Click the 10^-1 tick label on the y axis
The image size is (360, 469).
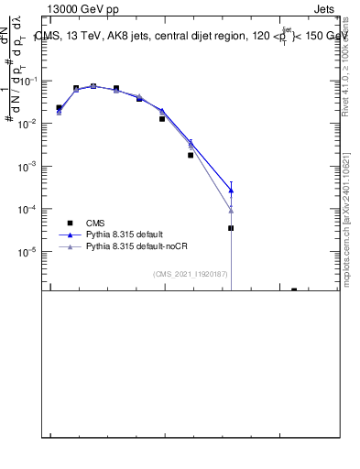point(30,82)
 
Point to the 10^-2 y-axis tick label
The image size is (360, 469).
point(30,124)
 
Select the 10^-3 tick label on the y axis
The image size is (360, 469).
point(30,166)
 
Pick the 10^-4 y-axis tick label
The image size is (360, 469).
point(30,209)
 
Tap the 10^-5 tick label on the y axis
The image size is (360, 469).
point(30,251)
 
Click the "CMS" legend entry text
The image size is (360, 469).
point(96,223)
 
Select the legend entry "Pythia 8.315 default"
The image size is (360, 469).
point(125,234)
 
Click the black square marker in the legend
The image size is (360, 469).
point(69,223)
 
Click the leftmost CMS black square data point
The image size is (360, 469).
point(59,108)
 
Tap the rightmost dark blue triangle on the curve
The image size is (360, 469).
point(231,190)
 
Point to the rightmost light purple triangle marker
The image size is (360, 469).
point(231,210)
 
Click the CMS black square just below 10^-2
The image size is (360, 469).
point(162,119)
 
